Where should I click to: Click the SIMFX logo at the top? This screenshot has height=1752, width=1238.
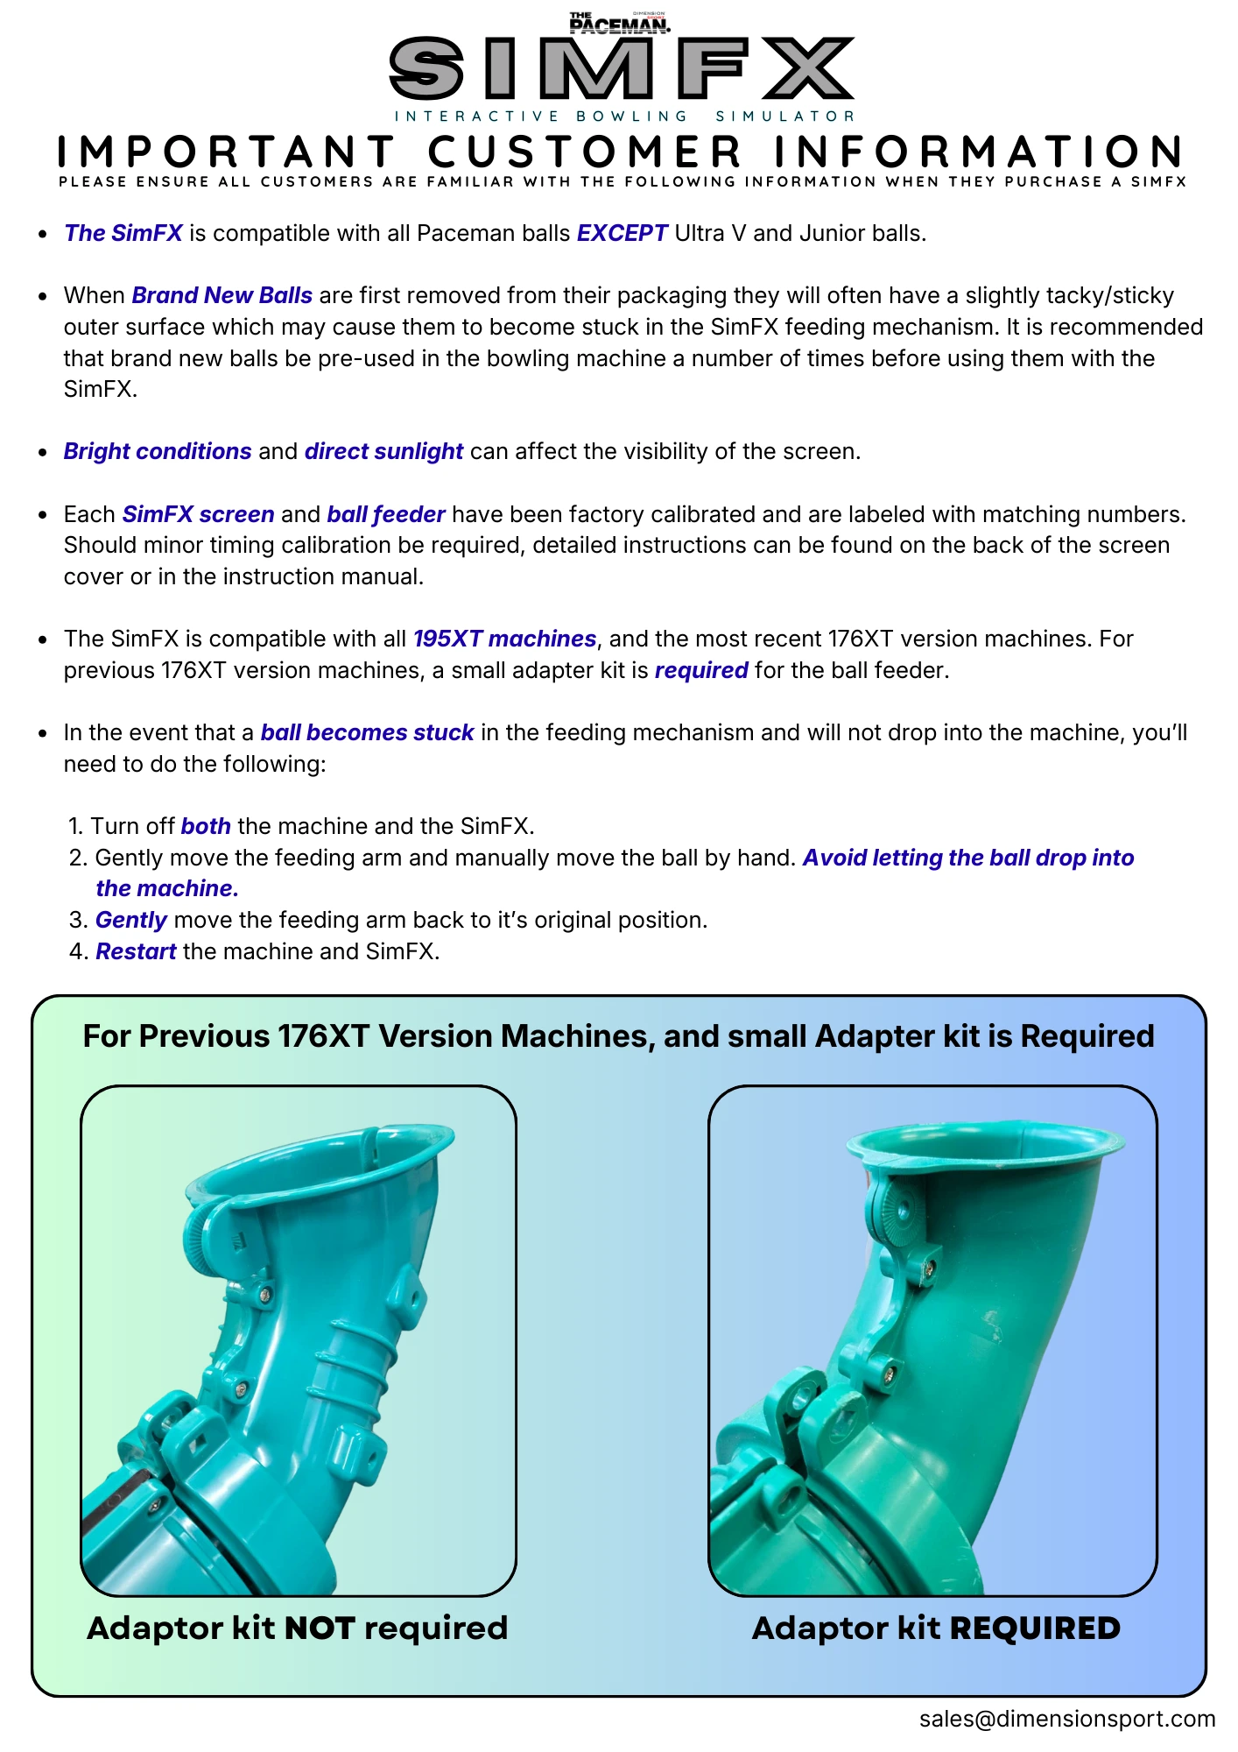(622, 68)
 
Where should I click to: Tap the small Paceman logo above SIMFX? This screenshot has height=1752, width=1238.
(620, 23)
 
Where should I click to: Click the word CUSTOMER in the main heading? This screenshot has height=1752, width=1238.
(585, 152)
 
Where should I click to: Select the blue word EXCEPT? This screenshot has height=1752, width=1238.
(623, 233)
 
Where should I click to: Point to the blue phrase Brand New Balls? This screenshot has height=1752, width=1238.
(222, 295)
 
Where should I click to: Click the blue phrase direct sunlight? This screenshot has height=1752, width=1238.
(383, 451)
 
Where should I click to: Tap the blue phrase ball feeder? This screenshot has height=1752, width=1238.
(386, 514)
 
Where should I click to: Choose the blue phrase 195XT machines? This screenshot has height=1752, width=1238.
(505, 639)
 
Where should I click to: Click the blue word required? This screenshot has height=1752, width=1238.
(701, 671)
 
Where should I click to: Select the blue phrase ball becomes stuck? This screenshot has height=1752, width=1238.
(368, 732)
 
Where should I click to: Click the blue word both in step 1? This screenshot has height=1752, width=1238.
(206, 826)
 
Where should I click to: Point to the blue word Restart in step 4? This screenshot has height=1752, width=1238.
(136, 951)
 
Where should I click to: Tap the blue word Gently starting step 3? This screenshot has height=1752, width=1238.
(131, 921)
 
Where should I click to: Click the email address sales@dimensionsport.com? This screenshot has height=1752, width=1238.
(1067, 1720)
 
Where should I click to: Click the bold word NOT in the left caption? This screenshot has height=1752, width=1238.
(320, 1628)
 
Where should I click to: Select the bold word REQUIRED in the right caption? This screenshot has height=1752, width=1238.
(1035, 1628)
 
